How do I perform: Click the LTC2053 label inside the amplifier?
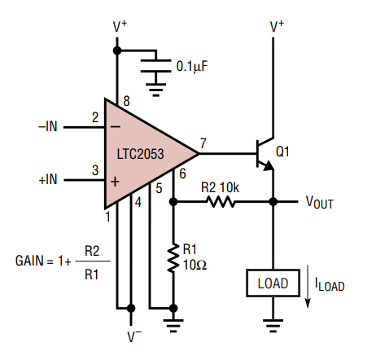coord(140,154)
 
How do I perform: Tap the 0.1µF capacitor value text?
coord(192,66)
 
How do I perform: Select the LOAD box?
coord(273,283)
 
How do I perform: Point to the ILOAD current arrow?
coord(308,287)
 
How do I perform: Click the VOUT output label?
coord(320,203)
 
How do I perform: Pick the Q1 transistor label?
coord(282,151)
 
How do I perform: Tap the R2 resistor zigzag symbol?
coord(221,202)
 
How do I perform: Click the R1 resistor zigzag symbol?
coord(173,258)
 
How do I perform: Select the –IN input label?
coord(48,126)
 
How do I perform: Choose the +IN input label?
coord(48,179)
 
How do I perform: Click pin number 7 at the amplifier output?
coord(203,143)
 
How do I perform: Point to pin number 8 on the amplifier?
coord(127,101)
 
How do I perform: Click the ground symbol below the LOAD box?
coord(273,326)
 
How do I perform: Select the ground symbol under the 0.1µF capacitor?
coord(155,90)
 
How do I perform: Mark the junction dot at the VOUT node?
coord(273,202)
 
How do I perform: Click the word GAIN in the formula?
coord(29,261)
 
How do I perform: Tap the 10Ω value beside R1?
coord(195,265)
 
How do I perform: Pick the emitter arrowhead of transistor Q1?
coord(269,165)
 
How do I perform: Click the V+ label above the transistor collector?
coord(277,27)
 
